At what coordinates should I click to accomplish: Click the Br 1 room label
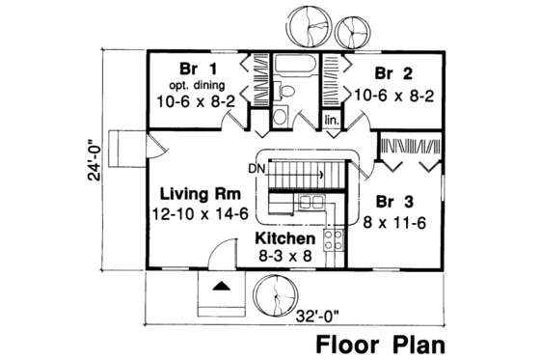[196, 69]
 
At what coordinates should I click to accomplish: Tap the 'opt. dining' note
[196, 84]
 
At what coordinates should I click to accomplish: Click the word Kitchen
[284, 238]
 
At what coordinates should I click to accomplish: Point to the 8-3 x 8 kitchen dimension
[284, 257]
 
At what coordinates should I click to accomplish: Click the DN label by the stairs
[255, 169]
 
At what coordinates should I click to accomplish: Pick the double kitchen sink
[310, 203]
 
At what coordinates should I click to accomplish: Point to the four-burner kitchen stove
[337, 237]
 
